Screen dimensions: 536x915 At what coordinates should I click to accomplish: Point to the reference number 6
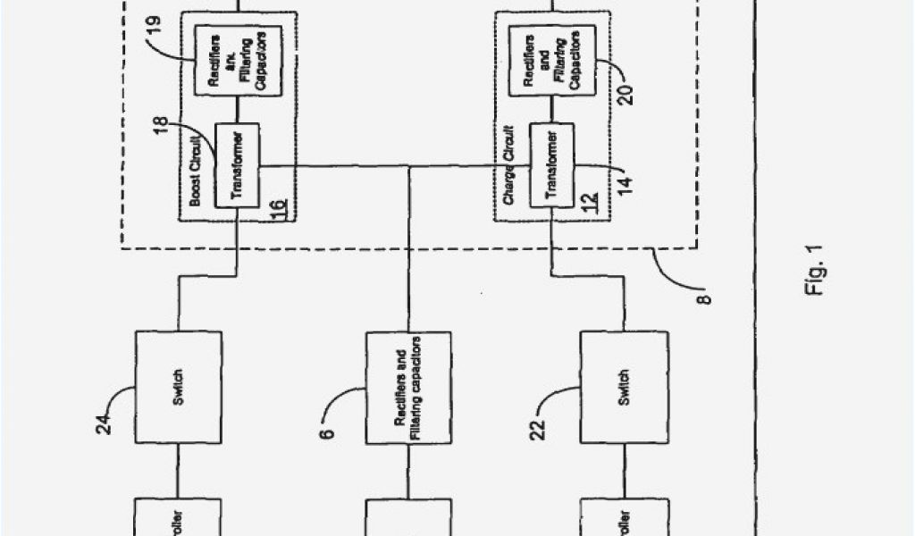(x=329, y=432)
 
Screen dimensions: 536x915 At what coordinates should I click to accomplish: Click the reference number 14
(x=626, y=181)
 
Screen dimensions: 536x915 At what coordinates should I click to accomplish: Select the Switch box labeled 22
(x=623, y=387)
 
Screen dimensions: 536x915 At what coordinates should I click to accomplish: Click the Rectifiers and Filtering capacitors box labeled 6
(x=408, y=387)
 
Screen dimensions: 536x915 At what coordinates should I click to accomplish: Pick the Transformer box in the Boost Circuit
(x=237, y=165)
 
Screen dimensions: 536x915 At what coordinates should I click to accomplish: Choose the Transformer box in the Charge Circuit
(x=551, y=165)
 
